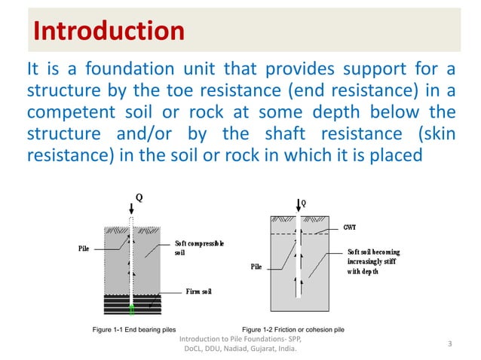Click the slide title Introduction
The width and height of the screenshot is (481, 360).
point(109,31)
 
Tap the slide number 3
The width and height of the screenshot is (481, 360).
point(449,344)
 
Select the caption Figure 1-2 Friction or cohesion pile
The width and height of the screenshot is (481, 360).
point(293,330)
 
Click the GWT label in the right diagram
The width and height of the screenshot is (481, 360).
point(351,226)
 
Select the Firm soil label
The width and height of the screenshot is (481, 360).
point(200,290)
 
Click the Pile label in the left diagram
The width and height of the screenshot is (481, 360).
point(85,247)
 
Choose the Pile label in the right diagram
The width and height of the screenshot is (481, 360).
point(256,267)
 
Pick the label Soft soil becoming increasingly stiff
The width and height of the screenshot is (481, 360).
point(373,261)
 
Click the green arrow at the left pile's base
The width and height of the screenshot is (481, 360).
point(130,308)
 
